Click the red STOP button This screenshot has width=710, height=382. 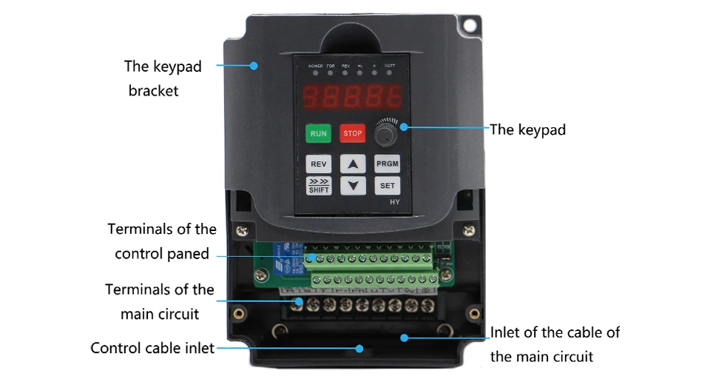(353, 133)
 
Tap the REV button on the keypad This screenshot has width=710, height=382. (319, 164)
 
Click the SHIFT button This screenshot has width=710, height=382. (319, 185)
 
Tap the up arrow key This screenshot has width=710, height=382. (353, 164)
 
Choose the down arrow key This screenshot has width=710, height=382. (353, 185)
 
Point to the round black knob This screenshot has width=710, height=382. (385, 135)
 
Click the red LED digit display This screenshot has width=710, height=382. (353, 95)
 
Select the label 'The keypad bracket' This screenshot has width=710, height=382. (162, 78)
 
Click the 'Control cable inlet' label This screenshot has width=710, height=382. (152, 348)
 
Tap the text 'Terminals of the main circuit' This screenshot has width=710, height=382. (160, 301)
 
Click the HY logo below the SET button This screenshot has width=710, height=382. (394, 202)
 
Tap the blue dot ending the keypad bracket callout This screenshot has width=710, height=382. (254, 65)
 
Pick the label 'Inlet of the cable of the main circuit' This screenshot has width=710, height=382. (555, 344)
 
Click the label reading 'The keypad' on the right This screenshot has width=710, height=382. (528, 130)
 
